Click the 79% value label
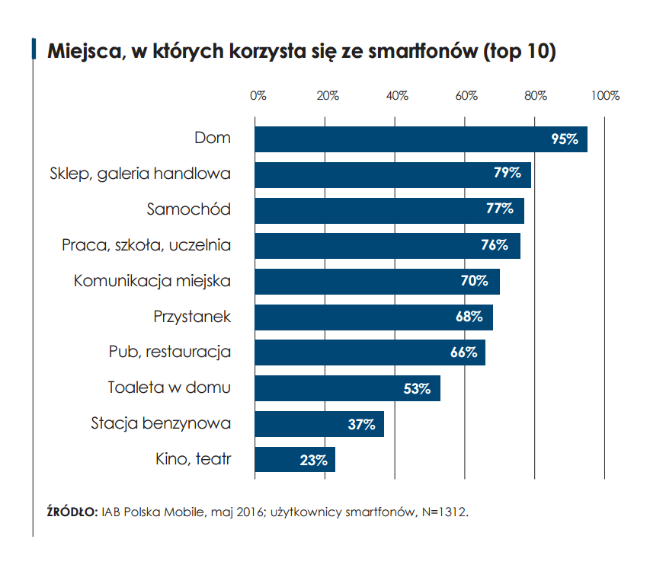(x=507, y=174)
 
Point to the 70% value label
(x=474, y=281)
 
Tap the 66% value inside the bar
(x=463, y=352)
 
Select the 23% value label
(x=313, y=460)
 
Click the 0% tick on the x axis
(x=258, y=96)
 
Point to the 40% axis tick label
(x=397, y=96)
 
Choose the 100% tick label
(x=605, y=96)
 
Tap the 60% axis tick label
(x=466, y=96)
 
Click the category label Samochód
(x=188, y=209)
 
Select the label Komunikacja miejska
(x=152, y=280)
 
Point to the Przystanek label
(x=192, y=316)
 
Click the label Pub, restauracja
(x=170, y=352)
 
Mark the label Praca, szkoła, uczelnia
(x=146, y=245)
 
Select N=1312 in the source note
(x=441, y=512)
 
